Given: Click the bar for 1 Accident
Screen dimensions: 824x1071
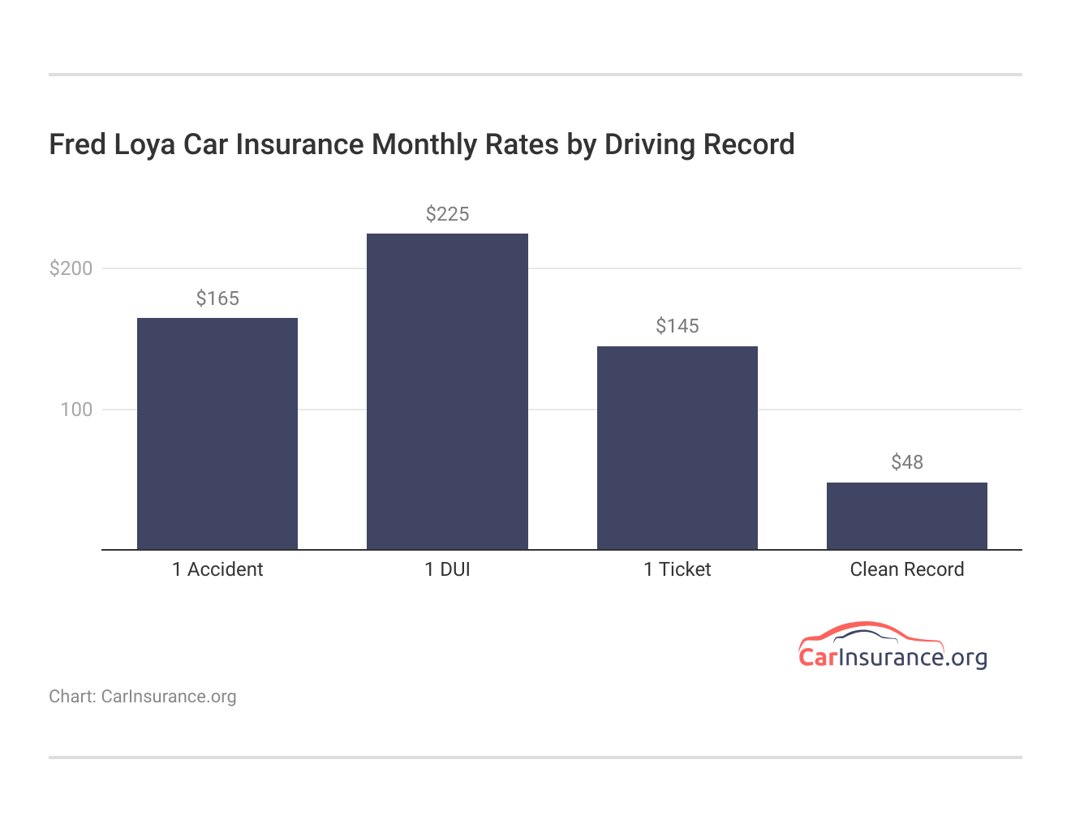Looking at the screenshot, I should click(x=217, y=433).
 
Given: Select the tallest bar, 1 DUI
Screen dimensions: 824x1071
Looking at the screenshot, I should click(x=447, y=391).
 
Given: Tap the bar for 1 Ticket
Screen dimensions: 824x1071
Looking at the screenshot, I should click(x=677, y=448).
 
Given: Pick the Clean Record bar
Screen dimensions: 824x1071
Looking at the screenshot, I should click(x=906, y=516).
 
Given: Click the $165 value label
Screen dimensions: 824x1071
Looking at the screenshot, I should click(x=217, y=298).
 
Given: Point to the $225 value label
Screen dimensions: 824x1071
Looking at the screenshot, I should click(x=447, y=214).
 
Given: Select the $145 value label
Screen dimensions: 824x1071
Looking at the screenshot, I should click(x=677, y=326).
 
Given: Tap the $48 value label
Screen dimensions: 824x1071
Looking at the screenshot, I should click(x=906, y=462).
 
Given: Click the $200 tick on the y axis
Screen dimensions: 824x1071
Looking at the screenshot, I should click(x=71, y=268).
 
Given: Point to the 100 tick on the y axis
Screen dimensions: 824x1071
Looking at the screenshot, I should click(x=76, y=410).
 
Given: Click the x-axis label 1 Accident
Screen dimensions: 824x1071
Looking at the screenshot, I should click(x=217, y=569).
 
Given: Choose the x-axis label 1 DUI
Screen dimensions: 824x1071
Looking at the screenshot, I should click(x=447, y=569).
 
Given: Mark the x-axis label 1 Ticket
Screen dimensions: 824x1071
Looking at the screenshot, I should click(x=677, y=569).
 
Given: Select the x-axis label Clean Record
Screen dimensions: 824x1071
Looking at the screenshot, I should click(x=906, y=569).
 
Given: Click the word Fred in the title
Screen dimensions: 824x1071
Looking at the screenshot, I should click(x=78, y=144).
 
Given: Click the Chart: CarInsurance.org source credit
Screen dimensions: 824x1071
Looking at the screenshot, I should click(x=143, y=697).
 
